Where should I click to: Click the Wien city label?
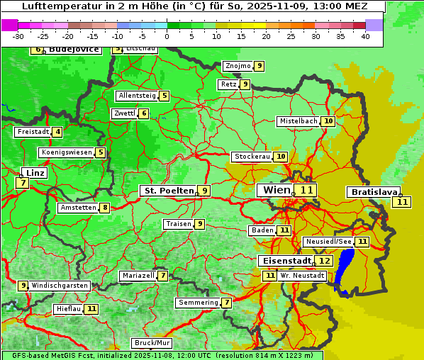(x=277, y=190)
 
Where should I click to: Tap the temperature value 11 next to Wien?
(x=306, y=190)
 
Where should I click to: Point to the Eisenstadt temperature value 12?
(x=324, y=261)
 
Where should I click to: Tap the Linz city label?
(x=34, y=173)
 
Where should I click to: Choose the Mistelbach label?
(x=298, y=121)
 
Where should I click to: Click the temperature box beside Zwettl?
(x=144, y=113)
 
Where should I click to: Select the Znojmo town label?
(x=238, y=66)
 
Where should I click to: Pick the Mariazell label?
(x=138, y=275)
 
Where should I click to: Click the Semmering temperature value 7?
(x=226, y=303)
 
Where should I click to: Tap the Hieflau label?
(x=69, y=309)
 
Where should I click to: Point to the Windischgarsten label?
(x=60, y=286)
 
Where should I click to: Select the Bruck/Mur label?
(x=152, y=343)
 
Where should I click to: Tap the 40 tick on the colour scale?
(x=365, y=35)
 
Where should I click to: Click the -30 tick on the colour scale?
(x=18, y=35)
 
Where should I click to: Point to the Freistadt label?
(x=32, y=132)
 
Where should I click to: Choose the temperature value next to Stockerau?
(x=281, y=157)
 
